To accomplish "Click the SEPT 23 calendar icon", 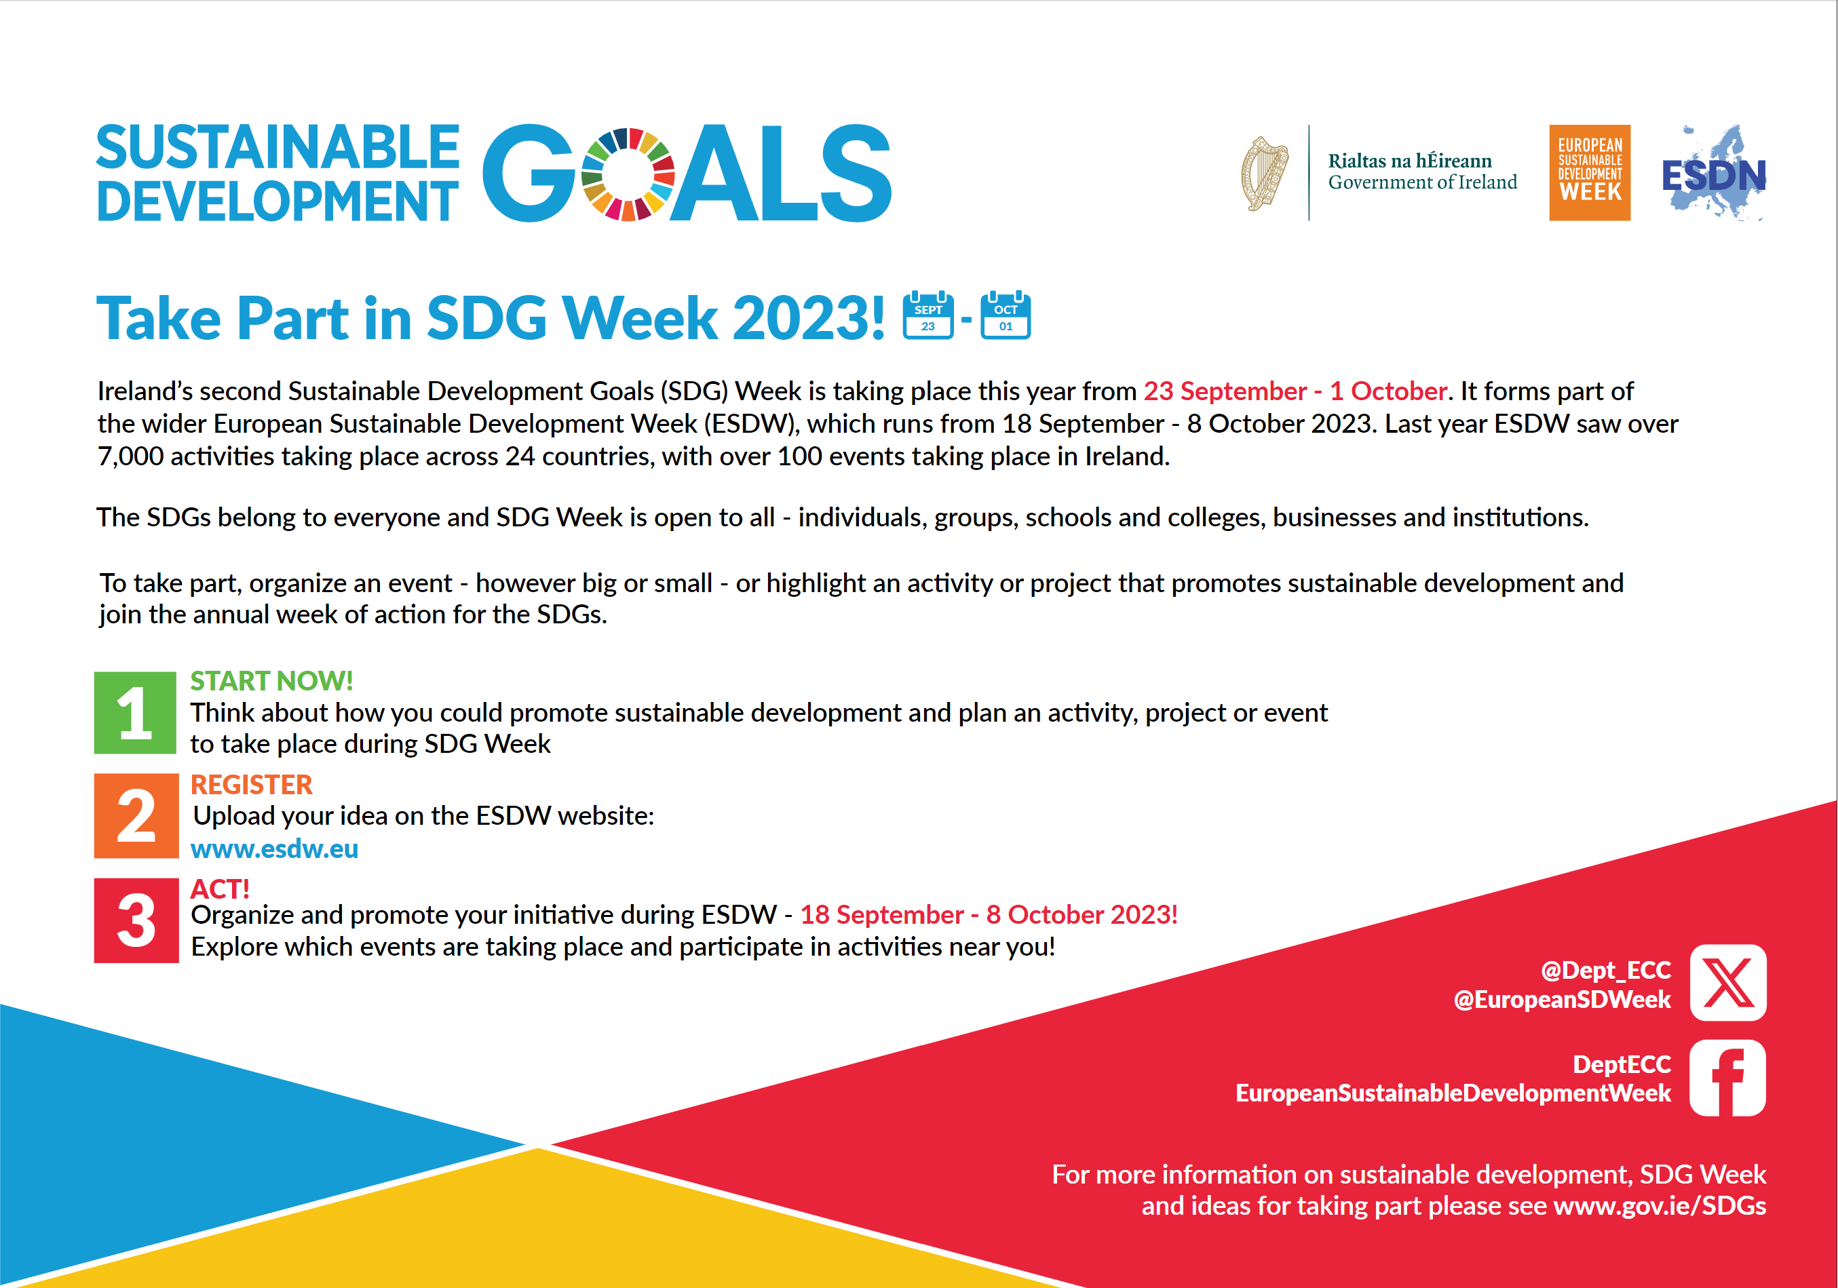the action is (x=927, y=315).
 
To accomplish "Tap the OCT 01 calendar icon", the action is (x=1006, y=315).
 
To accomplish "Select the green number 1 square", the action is (x=135, y=712).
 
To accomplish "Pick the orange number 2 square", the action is (x=136, y=816).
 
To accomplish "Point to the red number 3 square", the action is (x=136, y=920).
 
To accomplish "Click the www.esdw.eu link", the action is (x=275, y=848).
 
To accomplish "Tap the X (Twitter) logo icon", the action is (x=1728, y=982).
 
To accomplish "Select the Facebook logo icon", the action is (x=1727, y=1078).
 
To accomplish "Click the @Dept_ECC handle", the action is (x=1606, y=970).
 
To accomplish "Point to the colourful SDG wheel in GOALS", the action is (x=628, y=174).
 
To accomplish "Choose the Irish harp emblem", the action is (x=1264, y=173).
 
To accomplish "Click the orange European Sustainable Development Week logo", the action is (x=1590, y=172).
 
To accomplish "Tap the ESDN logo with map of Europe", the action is (x=1714, y=172).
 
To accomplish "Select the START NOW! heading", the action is (x=271, y=680).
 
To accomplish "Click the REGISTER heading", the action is (x=251, y=785).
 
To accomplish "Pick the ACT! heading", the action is (x=220, y=889).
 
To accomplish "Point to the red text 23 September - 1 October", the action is (x=1295, y=391).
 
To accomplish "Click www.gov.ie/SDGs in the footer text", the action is (x=1660, y=1205).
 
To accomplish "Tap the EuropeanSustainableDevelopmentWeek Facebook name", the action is (x=1453, y=1093).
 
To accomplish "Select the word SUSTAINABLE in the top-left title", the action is (x=277, y=147).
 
